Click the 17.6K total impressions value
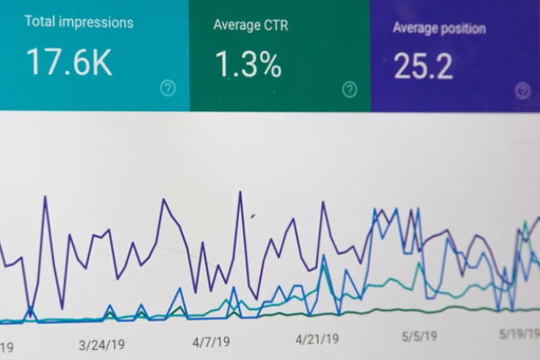(x=68, y=62)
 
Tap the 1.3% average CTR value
(x=247, y=64)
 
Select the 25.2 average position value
(x=423, y=65)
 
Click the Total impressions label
(x=79, y=22)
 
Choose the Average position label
(x=439, y=28)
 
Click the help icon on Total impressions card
(x=167, y=87)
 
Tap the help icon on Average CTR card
(x=349, y=89)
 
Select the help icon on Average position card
(x=523, y=90)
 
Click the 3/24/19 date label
(x=101, y=344)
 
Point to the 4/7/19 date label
(x=211, y=342)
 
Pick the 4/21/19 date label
(x=318, y=339)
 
